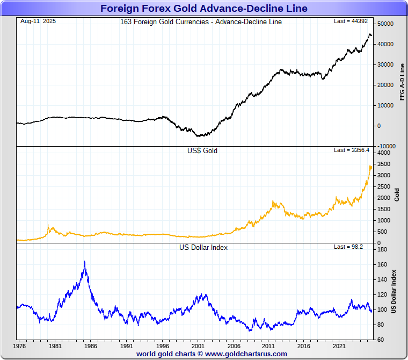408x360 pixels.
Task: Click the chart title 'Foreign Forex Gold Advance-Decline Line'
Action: coord(204,9)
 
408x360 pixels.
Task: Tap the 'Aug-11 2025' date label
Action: coord(38,21)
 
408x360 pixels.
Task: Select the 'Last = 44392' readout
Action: coord(352,21)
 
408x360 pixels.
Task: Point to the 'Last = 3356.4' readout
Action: coord(352,150)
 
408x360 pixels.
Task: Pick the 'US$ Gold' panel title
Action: coord(203,151)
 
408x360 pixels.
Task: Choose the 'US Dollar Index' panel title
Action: coord(203,248)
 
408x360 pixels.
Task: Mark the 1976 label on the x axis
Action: coord(20,347)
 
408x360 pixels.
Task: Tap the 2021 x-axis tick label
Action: coord(339,347)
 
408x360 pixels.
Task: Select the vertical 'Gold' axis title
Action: coord(397,194)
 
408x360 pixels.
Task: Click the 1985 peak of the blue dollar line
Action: coord(84,262)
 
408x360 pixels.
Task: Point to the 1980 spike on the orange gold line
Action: coord(48,226)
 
